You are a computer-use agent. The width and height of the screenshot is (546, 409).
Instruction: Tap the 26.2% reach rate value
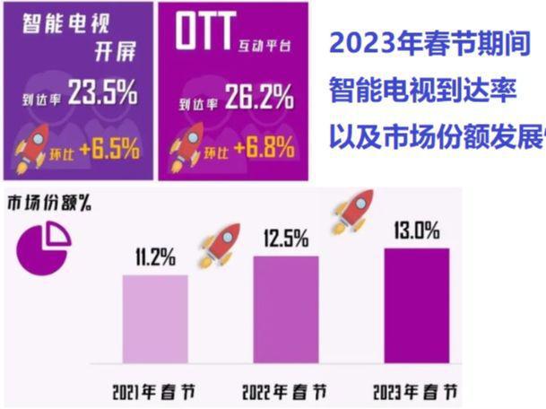(256, 96)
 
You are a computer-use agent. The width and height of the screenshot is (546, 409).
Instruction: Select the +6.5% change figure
(108, 150)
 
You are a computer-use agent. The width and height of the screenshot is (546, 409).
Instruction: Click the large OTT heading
(208, 39)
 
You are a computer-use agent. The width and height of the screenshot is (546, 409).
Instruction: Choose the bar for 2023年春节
(417, 306)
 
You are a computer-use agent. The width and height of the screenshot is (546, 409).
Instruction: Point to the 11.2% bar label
(154, 260)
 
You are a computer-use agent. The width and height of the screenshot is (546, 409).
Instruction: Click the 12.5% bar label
(286, 239)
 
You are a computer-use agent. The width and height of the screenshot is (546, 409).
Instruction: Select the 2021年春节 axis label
(154, 393)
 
